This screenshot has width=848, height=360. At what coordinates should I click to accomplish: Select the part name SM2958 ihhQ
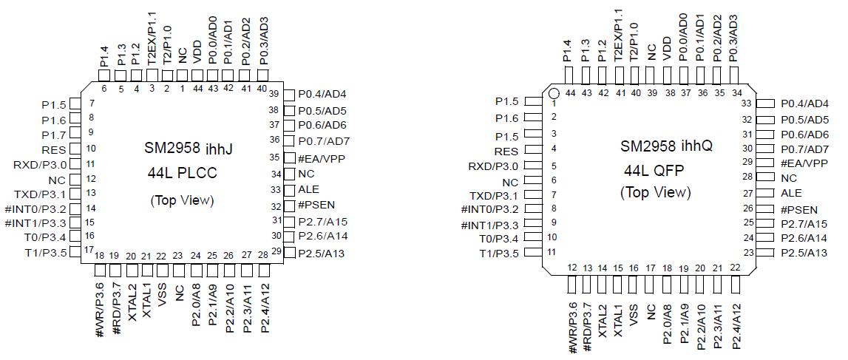pos(666,146)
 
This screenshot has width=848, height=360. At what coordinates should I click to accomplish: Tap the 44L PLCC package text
pos(180,174)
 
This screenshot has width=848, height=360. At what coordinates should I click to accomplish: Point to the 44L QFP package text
pos(654,170)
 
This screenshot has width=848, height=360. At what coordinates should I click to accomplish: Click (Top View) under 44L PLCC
pos(182,200)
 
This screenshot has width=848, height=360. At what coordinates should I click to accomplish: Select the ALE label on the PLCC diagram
pos(308,190)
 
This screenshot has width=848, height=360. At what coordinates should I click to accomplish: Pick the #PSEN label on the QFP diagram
pos(799,210)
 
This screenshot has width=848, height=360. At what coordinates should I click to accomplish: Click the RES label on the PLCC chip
pos(54,149)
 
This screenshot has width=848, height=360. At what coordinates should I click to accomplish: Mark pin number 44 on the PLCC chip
pos(197,89)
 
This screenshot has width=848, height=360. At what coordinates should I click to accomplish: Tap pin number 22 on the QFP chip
pos(734,268)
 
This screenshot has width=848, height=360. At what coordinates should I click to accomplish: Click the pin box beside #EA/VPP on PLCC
pos(290,158)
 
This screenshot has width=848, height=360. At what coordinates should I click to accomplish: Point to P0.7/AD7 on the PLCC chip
pos(324,140)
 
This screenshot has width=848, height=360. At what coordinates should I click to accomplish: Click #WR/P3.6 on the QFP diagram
pos(572,326)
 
